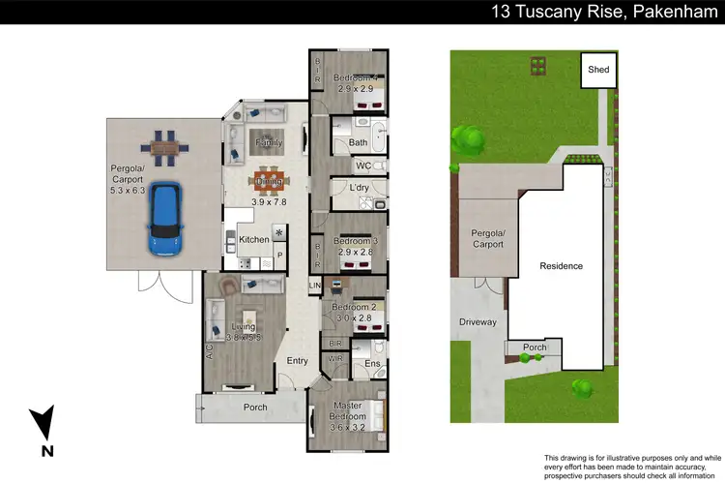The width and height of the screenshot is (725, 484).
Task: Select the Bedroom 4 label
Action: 355,77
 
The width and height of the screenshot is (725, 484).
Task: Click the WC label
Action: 363,166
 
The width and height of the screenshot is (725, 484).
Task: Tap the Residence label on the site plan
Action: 561,265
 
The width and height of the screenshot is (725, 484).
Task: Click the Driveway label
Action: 477,322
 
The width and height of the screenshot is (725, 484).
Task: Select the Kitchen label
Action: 253,239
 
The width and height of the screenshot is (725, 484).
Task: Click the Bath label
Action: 357,143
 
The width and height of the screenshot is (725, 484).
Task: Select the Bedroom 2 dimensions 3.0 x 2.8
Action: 354,317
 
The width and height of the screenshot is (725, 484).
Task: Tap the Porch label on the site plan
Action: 535,348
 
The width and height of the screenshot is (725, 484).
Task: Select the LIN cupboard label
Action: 314,287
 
